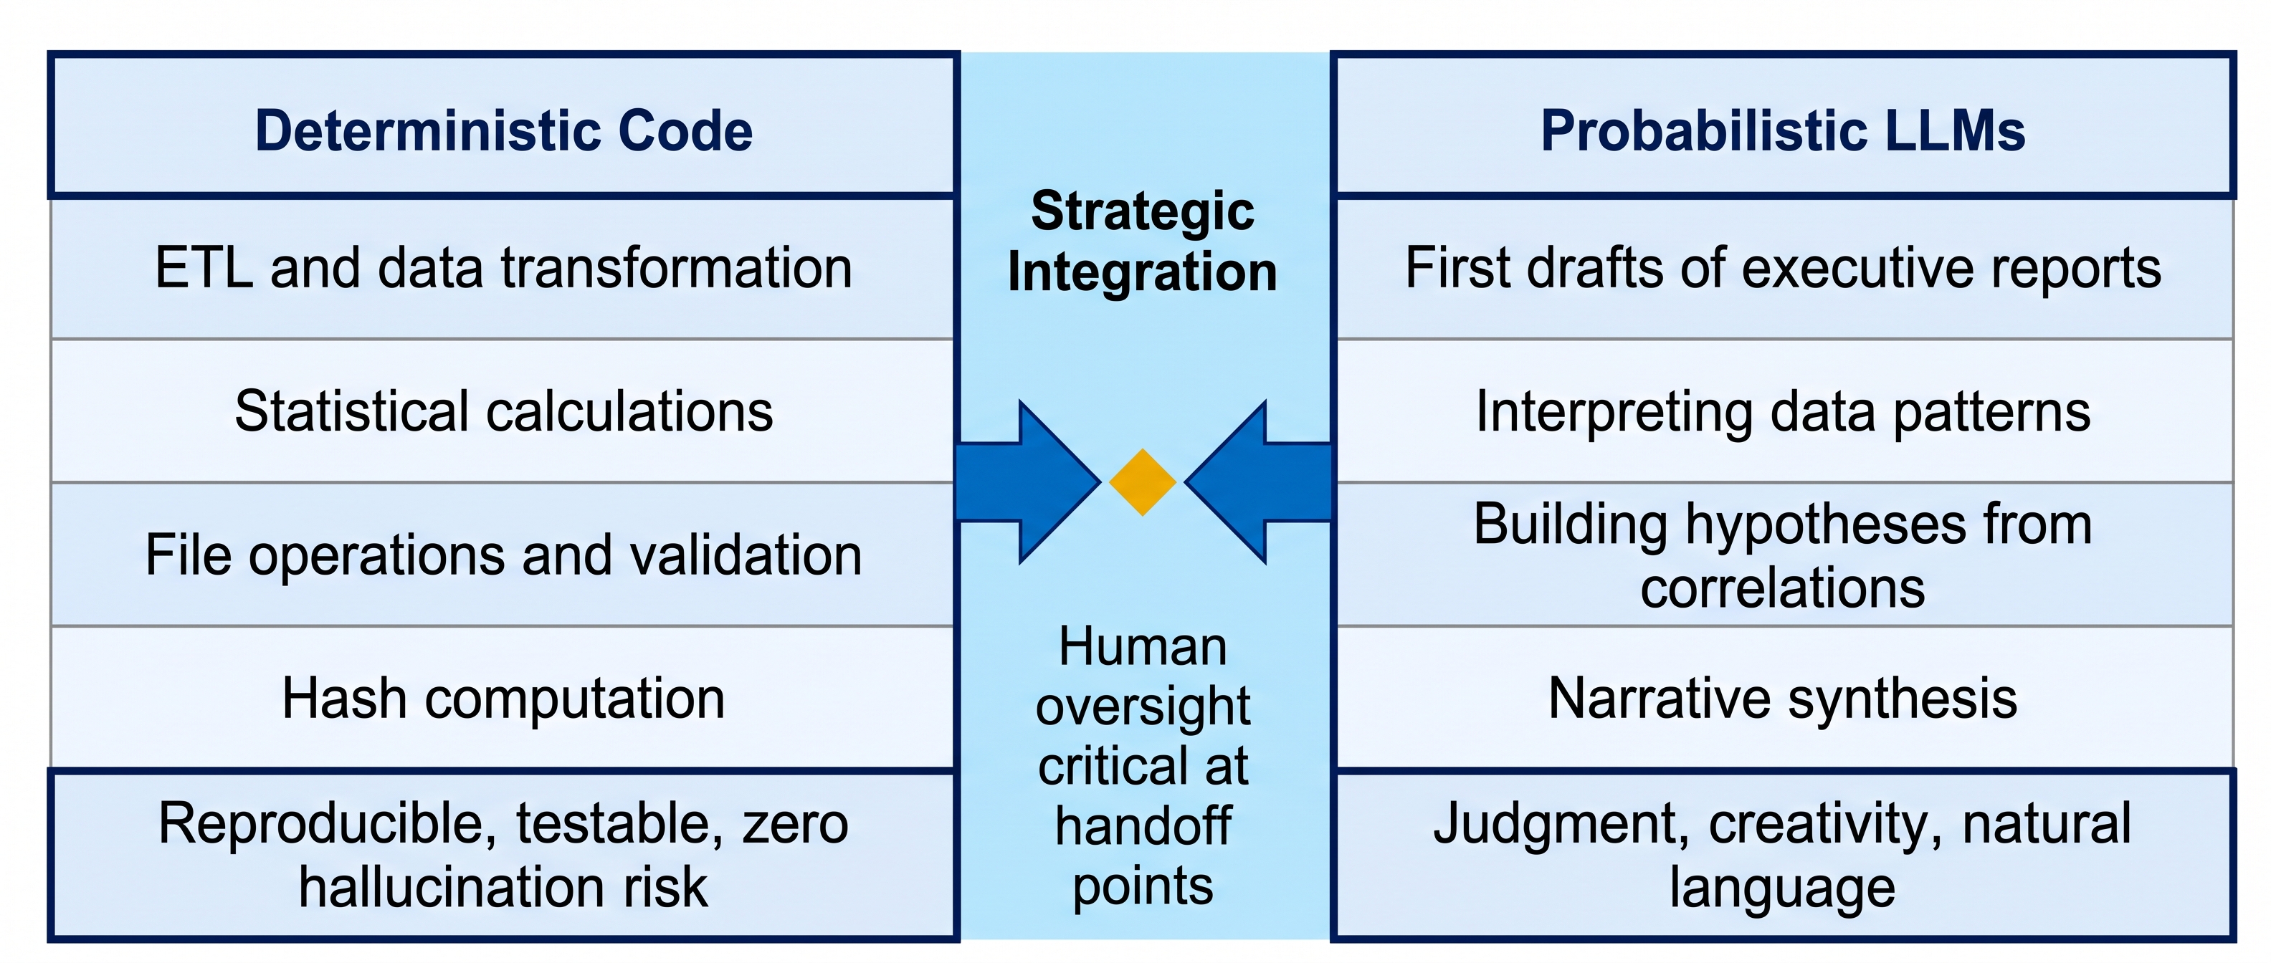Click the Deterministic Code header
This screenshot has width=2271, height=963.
click(x=503, y=124)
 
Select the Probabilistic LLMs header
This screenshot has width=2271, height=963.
click(x=1783, y=124)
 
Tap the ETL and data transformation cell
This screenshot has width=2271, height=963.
click(x=503, y=268)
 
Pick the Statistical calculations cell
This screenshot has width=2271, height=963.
click(x=503, y=411)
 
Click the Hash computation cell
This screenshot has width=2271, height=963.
click(x=503, y=698)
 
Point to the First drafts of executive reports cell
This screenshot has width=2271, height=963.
click(x=1784, y=268)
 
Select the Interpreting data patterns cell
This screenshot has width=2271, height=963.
click(x=1784, y=411)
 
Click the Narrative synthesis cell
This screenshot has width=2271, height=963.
click(x=1784, y=698)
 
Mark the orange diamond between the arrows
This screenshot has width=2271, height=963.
click(x=1143, y=482)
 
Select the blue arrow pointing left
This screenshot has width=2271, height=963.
click(x=1257, y=482)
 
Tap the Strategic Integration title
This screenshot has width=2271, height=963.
click(x=1143, y=241)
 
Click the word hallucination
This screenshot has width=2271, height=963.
click(x=454, y=886)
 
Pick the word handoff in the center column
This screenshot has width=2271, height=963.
click(x=1143, y=825)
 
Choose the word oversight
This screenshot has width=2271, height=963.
click(x=1143, y=707)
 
